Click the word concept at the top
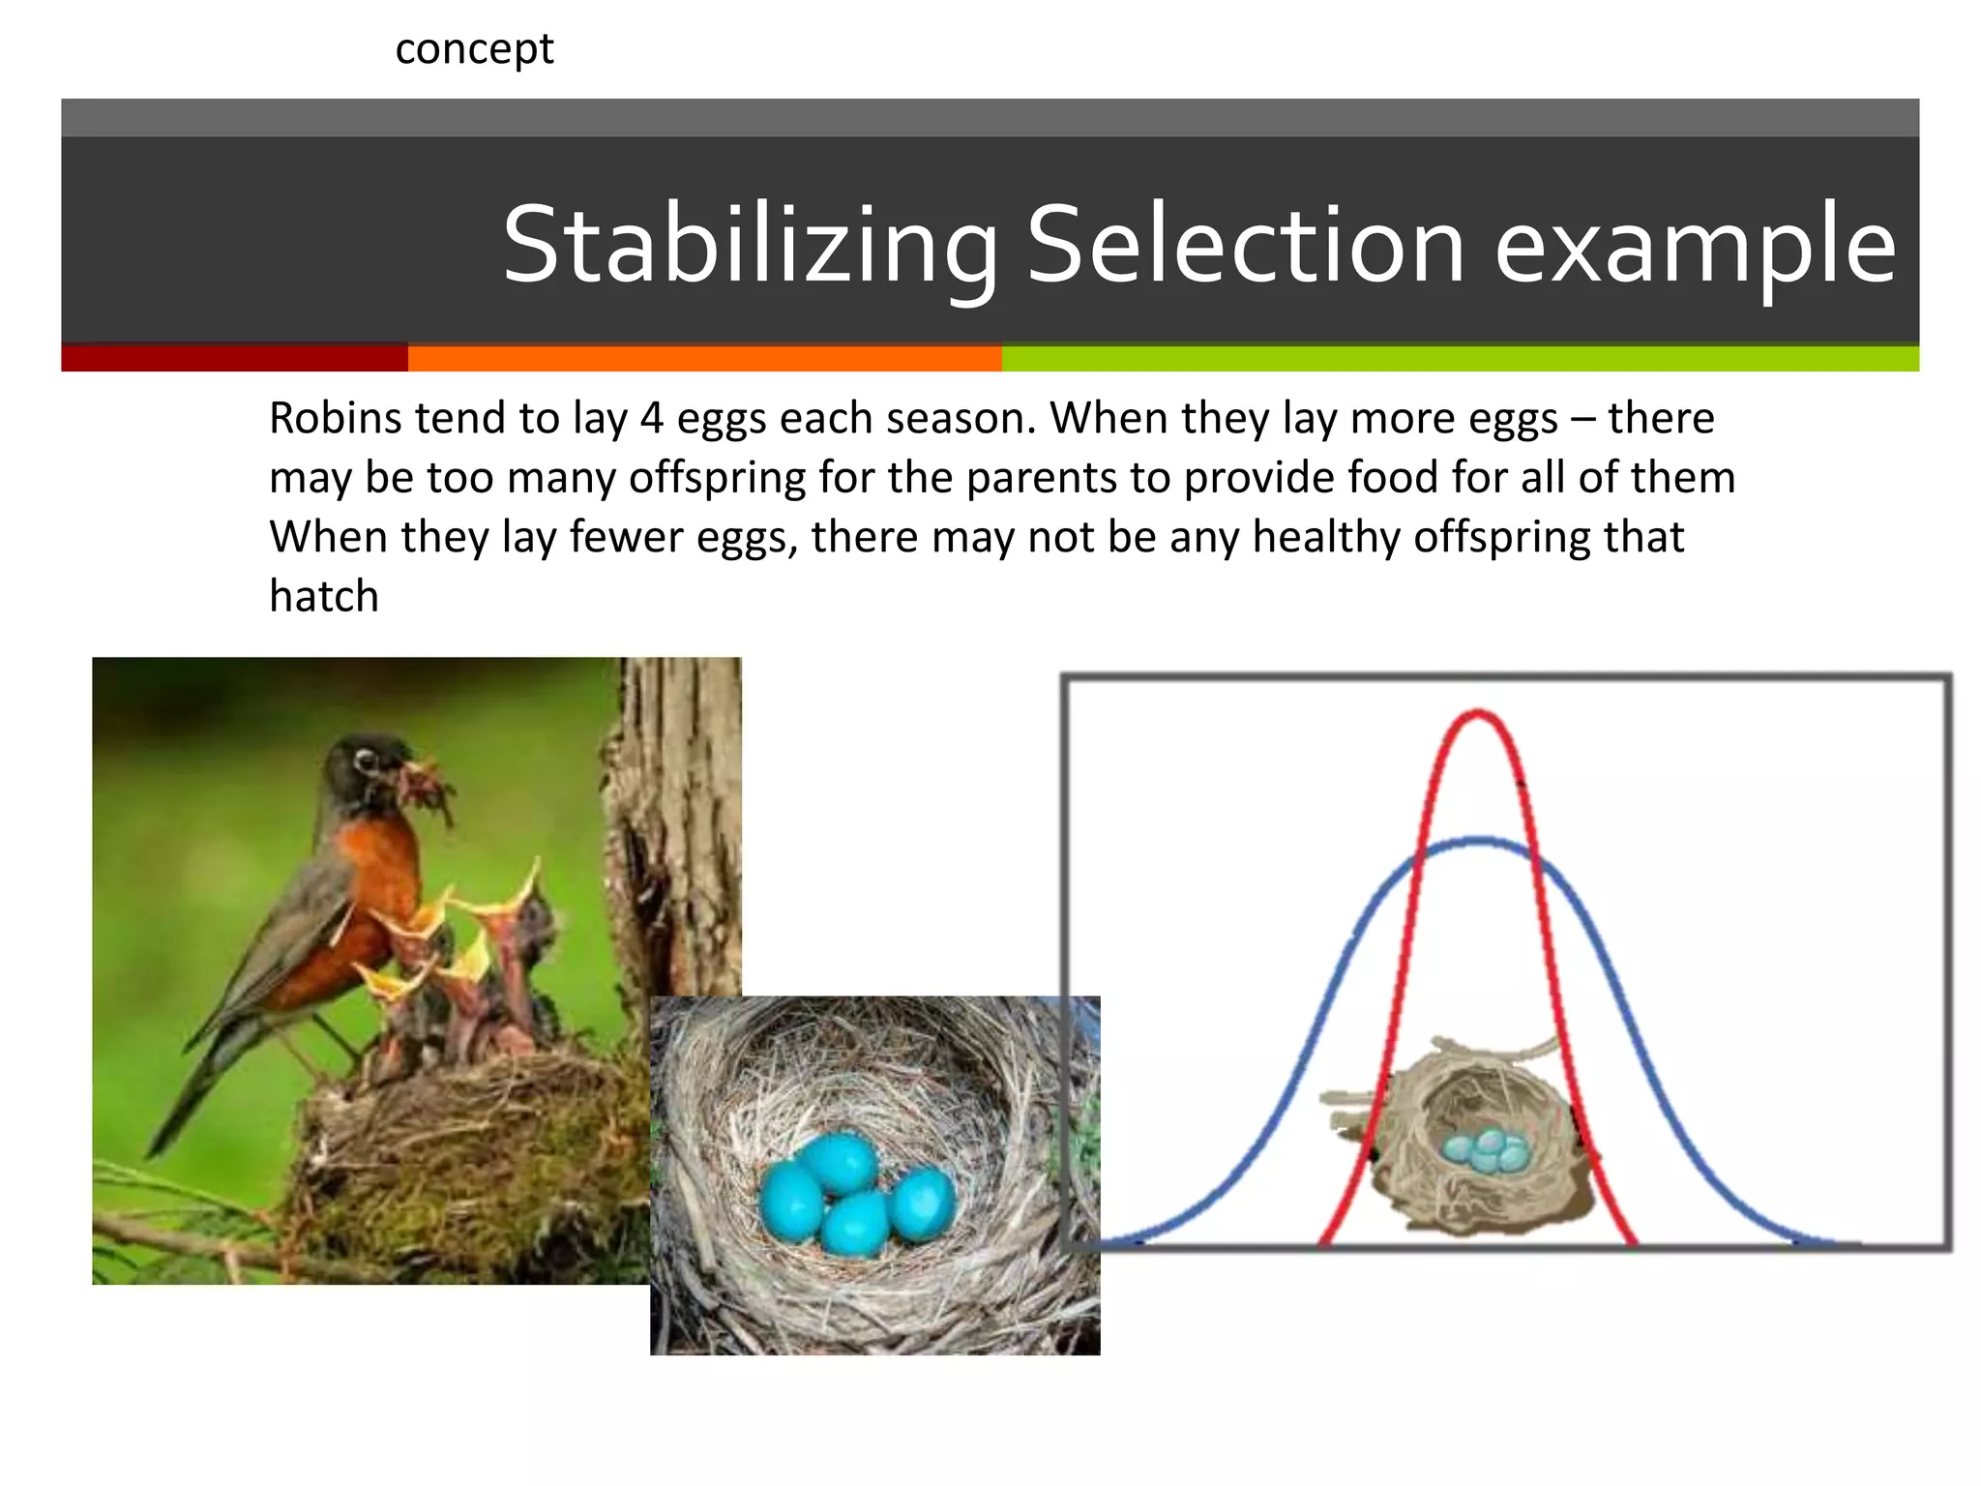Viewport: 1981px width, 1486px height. tap(474, 49)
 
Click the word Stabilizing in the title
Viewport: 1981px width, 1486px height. tap(750, 246)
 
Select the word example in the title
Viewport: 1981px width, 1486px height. tap(1695, 248)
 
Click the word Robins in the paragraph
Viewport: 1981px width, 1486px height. tap(335, 419)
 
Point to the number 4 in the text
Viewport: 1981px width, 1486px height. tap(652, 419)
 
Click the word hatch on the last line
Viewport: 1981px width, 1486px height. tap(323, 596)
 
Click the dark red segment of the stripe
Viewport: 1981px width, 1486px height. tap(234, 358)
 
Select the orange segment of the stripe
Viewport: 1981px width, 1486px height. tap(704, 358)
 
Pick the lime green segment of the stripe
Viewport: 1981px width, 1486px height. tap(1459, 358)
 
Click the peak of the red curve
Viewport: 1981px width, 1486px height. tap(1477, 714)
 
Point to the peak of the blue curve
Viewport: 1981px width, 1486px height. tap(1478, 841)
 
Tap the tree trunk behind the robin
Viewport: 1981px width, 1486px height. tap(677, 822)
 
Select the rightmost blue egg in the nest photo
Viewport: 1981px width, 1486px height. tap(922, 1203)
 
